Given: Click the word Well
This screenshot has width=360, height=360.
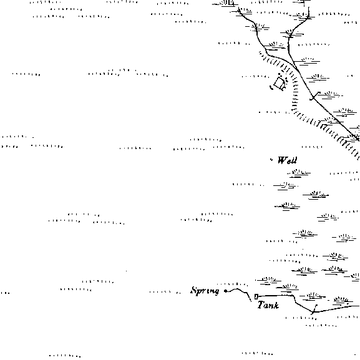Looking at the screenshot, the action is pos(287,160).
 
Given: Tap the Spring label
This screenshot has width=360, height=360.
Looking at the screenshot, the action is pos(205,291).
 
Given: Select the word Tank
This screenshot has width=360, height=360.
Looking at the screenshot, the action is pos(268,305).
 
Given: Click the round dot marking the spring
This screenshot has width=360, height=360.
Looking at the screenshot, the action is pos(226,291).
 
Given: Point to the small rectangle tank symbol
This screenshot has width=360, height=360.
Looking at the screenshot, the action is pos(256,296).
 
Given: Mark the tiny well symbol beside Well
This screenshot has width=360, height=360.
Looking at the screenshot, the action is pos(271,159).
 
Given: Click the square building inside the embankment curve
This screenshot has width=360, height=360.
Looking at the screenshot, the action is pos(280,83).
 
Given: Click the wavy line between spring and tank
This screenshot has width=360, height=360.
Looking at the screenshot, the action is pos(239,293).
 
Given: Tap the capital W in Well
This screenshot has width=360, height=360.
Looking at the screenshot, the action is pos(282,160).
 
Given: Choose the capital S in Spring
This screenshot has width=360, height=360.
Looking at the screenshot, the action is pos(195,290).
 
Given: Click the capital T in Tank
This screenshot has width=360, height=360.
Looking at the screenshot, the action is pos(261,305).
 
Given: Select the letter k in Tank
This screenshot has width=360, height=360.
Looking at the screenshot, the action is pos(276,305).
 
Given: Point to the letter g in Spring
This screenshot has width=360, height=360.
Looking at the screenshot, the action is pos(216,292).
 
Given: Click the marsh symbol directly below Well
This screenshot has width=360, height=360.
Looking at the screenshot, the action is pos(299,173).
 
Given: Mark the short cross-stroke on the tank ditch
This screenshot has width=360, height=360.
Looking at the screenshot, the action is pos(314,309).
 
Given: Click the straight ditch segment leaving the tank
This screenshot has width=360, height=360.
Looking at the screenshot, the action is pos(276,296).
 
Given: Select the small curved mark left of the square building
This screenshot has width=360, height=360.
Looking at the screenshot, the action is pos(271,87).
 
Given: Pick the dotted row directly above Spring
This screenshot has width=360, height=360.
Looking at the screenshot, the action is pos(232,285).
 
